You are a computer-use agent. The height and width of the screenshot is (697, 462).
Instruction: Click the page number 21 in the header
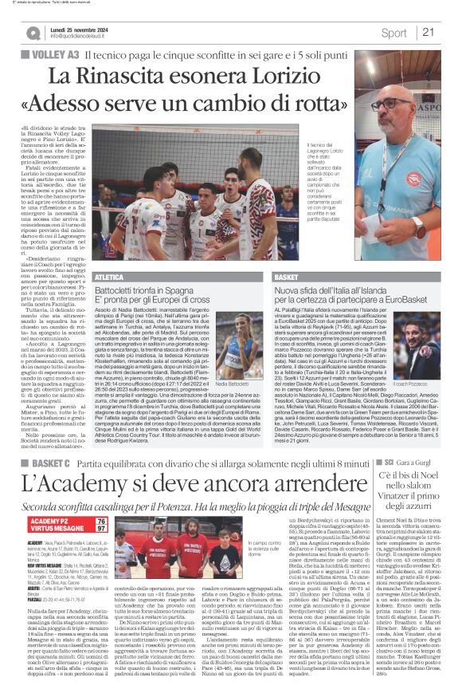[x=428, y=32]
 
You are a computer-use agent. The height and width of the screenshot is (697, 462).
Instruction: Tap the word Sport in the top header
[x=393, y=33]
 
